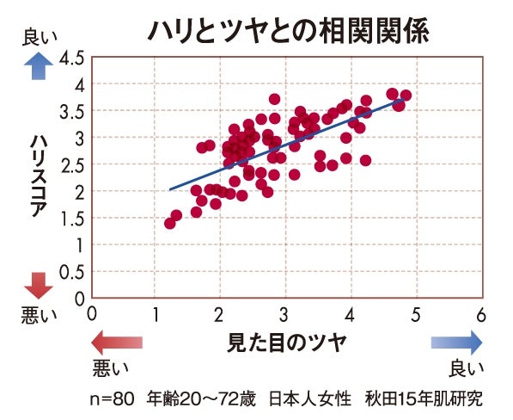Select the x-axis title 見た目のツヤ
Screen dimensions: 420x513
tap(286, 342)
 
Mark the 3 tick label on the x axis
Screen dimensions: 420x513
tap(286, 314)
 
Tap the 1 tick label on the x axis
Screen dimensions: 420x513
tap(156, 314)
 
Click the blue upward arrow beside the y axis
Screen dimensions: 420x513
tap(37, 66)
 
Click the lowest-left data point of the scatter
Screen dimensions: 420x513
tap(170, 224)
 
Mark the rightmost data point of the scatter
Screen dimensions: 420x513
tap(406, 96)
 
